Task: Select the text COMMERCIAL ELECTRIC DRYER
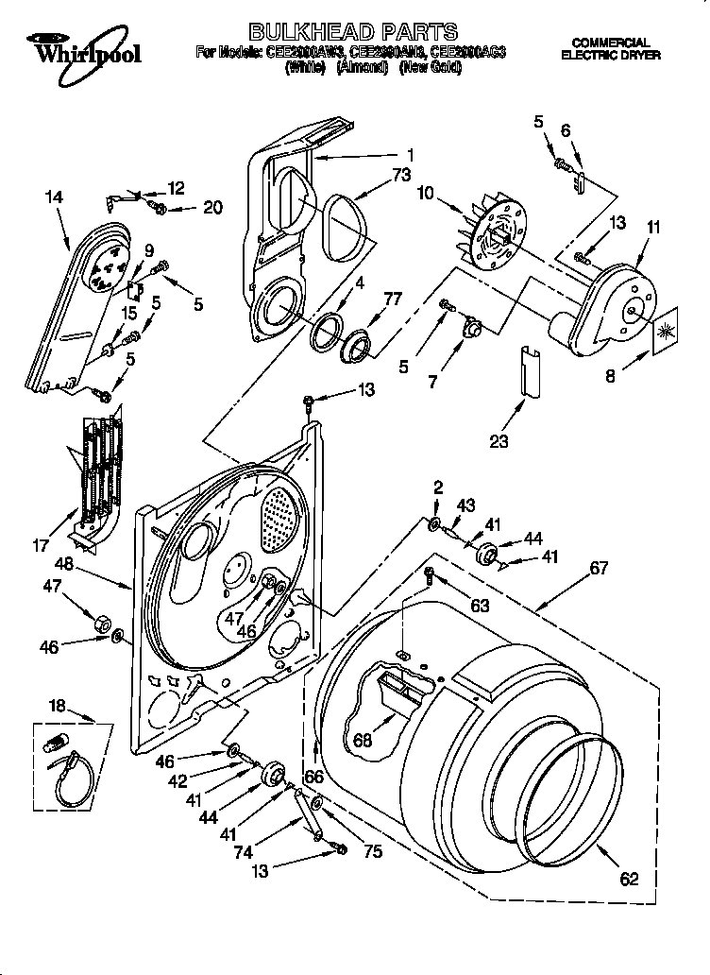click(611, 49)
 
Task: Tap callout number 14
click(54, 197)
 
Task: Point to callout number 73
click(402, 175)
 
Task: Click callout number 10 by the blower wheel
click(426, 194)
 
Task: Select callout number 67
click(599, 569)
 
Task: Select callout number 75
click(372, 852)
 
